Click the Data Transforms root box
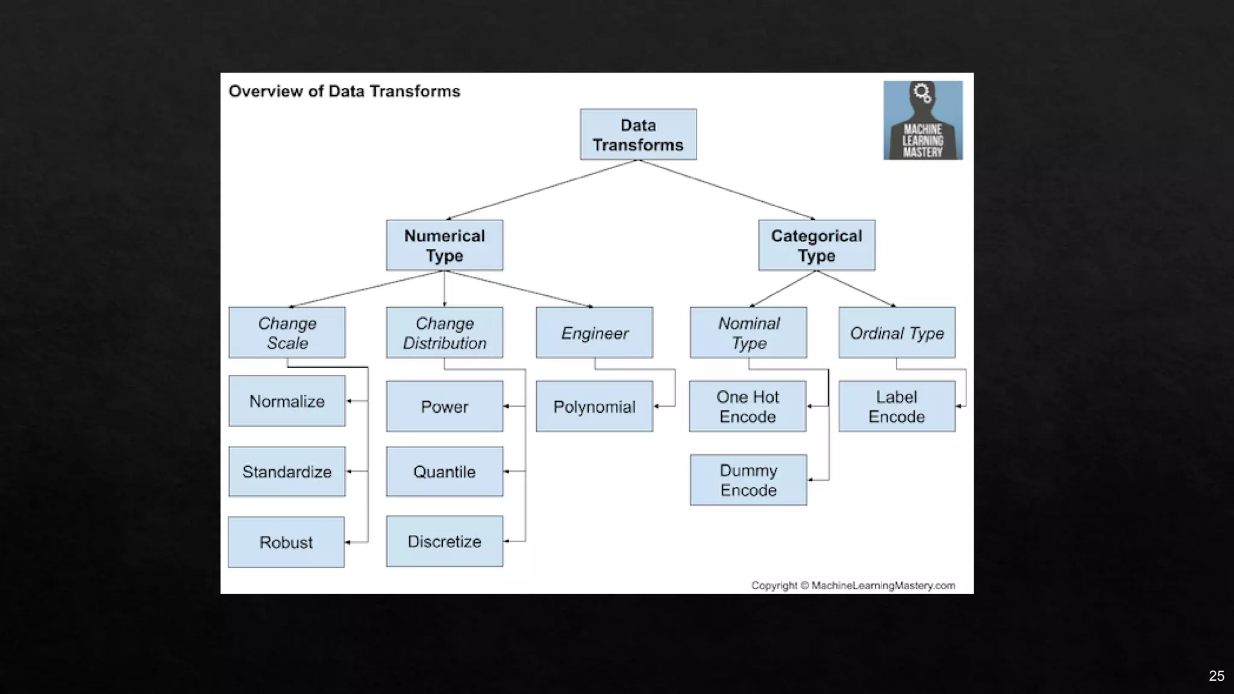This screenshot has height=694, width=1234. (638, 134)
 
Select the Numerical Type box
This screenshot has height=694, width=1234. (445, 245)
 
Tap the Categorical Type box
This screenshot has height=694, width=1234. (816, 245)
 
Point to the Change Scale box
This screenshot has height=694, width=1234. (287, 333)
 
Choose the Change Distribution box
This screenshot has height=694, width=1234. (445, 333)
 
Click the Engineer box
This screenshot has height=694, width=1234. (594, 333)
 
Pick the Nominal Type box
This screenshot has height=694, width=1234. (748, 333)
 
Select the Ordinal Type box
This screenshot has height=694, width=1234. (897, 333)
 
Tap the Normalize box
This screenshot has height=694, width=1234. (287, 401)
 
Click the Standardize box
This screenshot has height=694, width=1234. (287, 472)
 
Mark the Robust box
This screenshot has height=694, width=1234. (286, 542)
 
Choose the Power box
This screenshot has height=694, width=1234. (445, 406)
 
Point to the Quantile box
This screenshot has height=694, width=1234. (445, 472)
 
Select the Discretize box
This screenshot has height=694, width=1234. (445, 541)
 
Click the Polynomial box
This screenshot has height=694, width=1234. (594, 406)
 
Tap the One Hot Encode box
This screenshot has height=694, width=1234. (748, 406)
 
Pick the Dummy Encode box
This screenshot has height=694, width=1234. (748, 480)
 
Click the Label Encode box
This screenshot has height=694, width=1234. (897, 406)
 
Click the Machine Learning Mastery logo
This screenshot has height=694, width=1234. (923, 120)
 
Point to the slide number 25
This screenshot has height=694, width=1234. (1216, 676)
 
